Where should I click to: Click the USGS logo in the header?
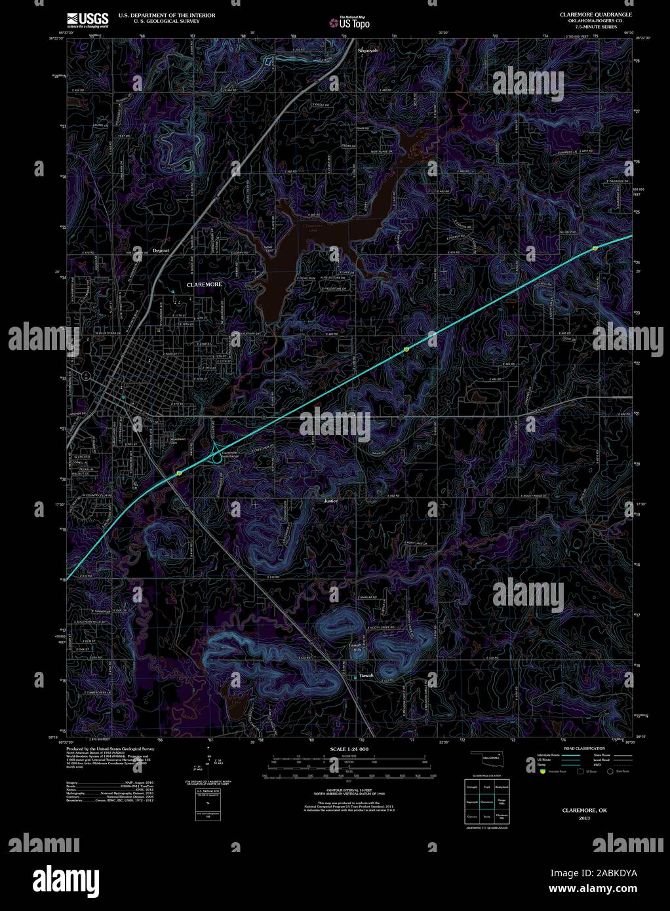pos(87,20)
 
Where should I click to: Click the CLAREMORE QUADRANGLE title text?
pos(595,14)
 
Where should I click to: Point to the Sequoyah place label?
pos(368,50)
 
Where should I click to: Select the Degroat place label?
pos(161,250)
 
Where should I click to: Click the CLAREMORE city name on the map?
pos(204,285)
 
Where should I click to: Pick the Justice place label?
pos(330,501)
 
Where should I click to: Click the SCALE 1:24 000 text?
pos(349,748)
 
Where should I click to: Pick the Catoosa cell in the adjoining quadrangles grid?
pos(471,817)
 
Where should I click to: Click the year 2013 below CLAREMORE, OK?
pos(584,819)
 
